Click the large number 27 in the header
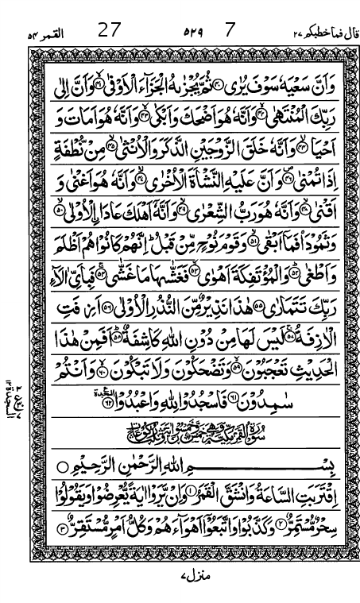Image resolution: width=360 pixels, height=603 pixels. [x=109, y=33]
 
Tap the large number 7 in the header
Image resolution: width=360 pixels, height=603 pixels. [x=230, y=33]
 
